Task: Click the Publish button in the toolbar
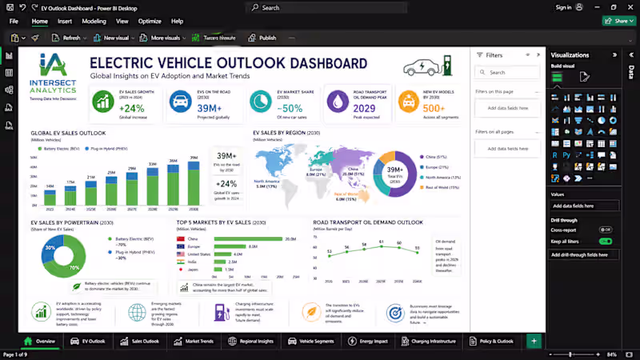(262, 38)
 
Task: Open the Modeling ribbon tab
(94, 22)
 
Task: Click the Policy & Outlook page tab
(491, 341)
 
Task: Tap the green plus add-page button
(534, 341)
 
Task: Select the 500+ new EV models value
(433, 108)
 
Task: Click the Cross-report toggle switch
(606, 230)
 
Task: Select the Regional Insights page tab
(250, 341)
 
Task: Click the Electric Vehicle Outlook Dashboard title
(228, 63)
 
